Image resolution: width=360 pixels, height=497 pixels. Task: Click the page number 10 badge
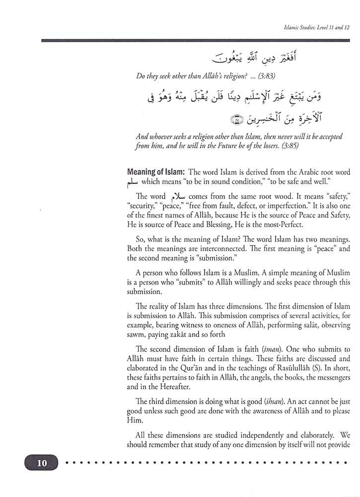point(41,464)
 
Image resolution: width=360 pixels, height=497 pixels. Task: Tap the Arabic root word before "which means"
point(133,183)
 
